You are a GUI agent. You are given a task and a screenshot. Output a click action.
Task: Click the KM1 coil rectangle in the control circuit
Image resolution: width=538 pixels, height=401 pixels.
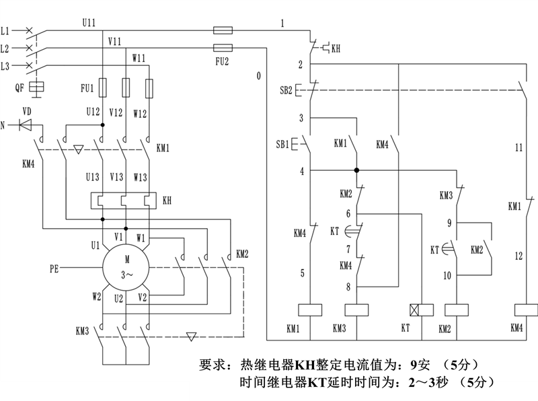[310, 310]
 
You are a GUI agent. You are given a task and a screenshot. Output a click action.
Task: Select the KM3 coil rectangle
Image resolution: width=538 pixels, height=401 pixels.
[356, 310]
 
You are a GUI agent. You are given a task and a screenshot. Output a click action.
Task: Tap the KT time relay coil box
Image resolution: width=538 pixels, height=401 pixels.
[422, 310]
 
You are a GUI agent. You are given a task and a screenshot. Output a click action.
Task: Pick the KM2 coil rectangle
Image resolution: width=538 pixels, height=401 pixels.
[457, 310]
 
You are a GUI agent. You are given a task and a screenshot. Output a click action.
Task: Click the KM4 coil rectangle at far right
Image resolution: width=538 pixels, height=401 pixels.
[527, 310]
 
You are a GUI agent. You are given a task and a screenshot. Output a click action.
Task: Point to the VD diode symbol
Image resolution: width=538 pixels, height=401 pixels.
[26, 125]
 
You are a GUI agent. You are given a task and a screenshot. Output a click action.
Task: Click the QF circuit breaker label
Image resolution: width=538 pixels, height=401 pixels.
[20, 87]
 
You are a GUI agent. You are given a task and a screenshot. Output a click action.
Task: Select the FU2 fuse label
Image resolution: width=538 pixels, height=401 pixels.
[222, 61]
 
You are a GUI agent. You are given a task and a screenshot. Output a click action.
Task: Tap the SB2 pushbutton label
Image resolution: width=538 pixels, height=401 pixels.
[286, 90]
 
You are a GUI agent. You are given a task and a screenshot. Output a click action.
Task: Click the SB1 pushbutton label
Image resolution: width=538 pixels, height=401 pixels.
[282, 144]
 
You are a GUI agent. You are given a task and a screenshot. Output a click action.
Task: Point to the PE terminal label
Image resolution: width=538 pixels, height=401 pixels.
[54, 268]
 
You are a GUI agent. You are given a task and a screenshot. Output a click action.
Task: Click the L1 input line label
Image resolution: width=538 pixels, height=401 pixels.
[5, 31]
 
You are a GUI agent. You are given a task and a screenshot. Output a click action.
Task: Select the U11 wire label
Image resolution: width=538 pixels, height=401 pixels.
[89, 23]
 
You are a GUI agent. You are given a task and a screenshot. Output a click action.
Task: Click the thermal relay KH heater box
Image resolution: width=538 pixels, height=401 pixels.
[124, 200]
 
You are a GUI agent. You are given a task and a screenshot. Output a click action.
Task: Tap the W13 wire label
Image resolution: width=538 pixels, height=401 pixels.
[141, 177]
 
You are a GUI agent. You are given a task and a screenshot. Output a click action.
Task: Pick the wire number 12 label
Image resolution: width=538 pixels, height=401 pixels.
[518, 256]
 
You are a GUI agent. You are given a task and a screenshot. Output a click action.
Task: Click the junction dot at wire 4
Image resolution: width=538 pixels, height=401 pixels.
[356, 170]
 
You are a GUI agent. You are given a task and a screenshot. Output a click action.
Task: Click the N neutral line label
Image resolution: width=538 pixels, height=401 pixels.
[3, 125]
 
